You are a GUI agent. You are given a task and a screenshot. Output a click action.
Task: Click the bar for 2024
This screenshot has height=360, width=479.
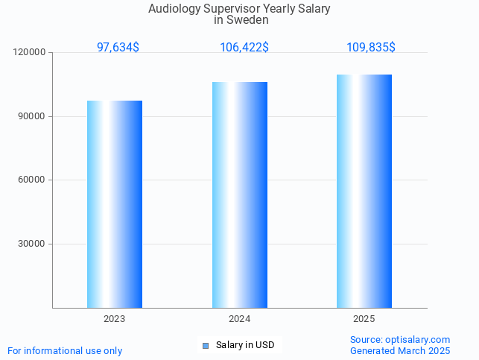coord(239,195)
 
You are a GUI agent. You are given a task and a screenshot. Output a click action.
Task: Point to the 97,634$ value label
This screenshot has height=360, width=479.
coord(118,47)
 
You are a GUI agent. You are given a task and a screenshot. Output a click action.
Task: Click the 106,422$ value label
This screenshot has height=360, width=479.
coord(244,47)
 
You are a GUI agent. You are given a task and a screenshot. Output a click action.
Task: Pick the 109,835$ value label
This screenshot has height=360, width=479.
coord(371,47)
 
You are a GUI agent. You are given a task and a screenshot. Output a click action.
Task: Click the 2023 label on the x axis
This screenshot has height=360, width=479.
coord(114,319)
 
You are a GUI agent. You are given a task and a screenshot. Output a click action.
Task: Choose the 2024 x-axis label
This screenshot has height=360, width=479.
coord(239,319)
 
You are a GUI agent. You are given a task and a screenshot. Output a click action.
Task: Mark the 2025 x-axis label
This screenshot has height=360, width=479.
coord(364,319)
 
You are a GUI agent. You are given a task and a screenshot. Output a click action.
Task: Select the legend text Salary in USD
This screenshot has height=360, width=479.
coord(245,345)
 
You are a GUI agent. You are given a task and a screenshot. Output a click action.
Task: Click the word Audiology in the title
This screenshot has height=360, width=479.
coord(174,9)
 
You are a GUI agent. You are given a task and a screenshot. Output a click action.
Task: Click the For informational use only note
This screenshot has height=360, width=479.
coord(65,350)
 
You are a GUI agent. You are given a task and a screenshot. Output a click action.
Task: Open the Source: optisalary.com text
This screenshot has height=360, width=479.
coord(400,339)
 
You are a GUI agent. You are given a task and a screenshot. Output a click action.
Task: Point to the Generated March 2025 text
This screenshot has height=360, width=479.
coord(400,350)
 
